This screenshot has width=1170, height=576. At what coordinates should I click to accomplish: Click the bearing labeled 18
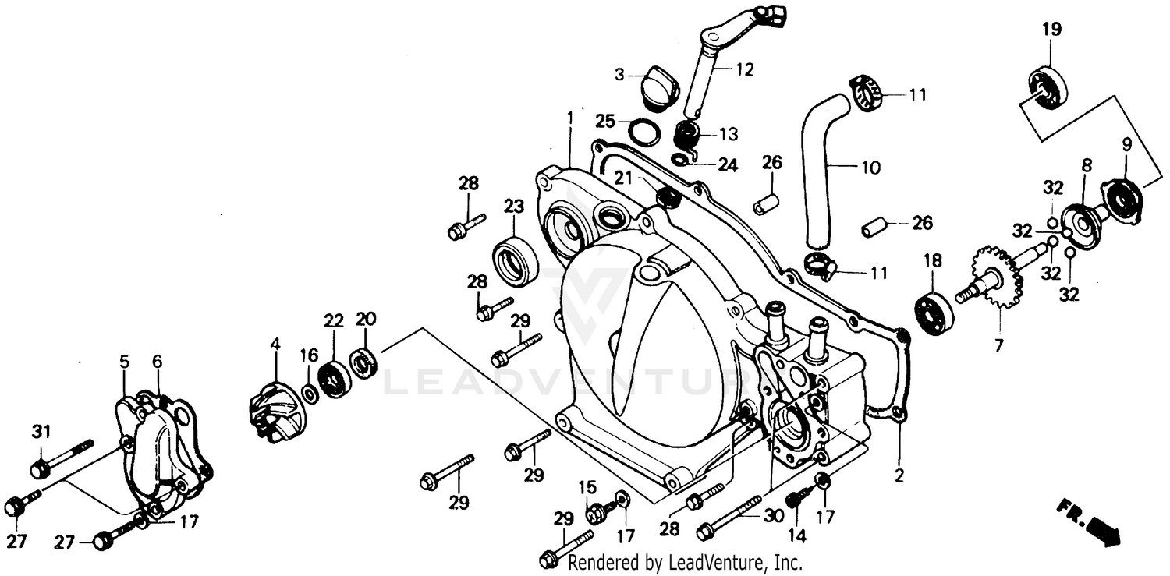coord(934,311)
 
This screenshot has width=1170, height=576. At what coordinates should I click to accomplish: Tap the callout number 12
coord(744,70)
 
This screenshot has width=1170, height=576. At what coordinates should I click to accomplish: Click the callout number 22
coord(333,320)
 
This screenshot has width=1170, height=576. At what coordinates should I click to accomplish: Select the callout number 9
coord(1126,144)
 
